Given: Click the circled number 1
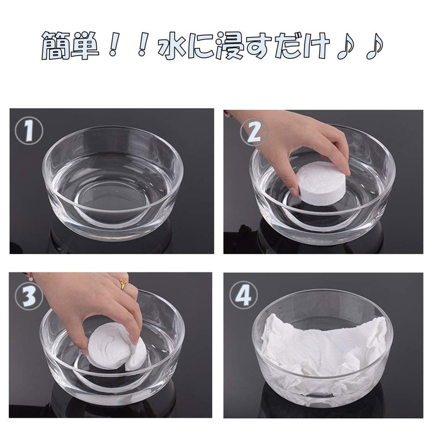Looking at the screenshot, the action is click(29, 130).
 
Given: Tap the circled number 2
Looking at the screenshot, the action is click(254, 132).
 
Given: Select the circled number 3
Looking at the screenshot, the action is click(29, 296).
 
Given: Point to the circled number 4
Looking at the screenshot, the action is click(244, 295).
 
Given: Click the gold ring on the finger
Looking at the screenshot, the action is click(123, 284).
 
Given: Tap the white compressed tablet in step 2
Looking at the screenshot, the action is click(321, 182).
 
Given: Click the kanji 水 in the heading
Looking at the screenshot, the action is click(172, 45).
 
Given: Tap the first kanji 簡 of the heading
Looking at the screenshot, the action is click(56, 46).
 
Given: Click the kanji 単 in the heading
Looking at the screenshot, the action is click(85, 45).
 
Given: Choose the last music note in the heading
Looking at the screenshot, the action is click(375, 46).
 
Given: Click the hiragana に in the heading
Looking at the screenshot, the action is click(201, 46).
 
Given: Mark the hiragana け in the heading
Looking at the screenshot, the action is click(316, 46).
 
